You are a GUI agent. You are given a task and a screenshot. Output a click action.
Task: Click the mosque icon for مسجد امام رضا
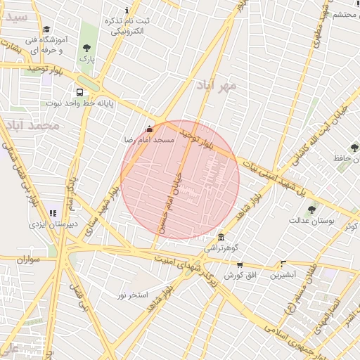coord(148,129)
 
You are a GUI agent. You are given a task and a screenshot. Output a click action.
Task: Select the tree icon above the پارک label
coord(86,49)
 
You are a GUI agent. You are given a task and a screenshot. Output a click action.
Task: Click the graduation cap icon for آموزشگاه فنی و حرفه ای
coord(46,30)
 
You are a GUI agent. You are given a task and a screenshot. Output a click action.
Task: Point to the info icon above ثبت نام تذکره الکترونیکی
coord(127,11)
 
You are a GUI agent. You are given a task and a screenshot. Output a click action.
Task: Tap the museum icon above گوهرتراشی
coord(221,237)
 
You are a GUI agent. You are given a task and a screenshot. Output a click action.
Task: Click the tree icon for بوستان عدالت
coord(311,208)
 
